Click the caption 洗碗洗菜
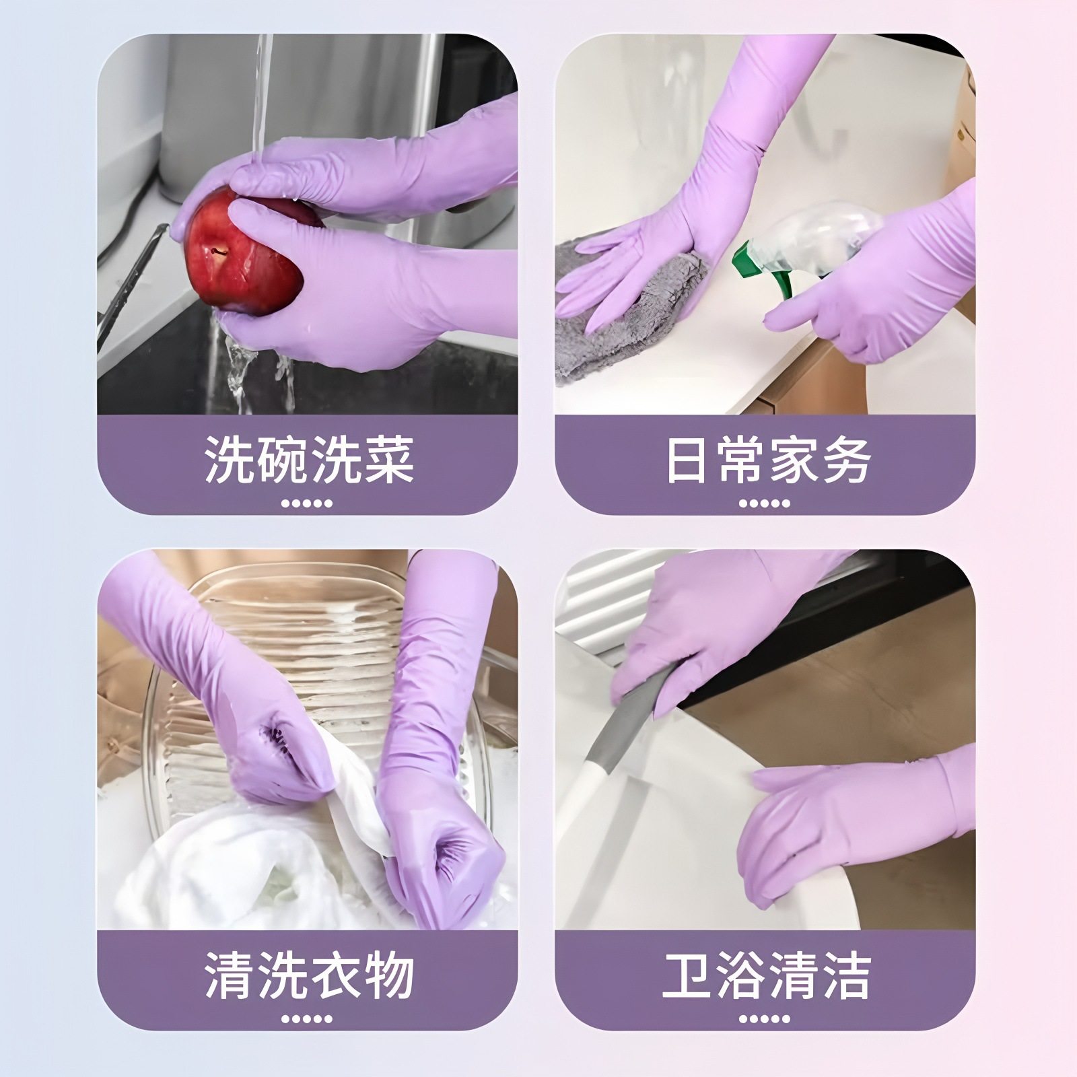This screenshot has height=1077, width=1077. pos(308,460)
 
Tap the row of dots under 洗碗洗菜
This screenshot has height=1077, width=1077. pos(307,503)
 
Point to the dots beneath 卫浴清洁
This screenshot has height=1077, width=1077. pos(764,1018)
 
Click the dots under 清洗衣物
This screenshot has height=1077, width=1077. pos(307,1018)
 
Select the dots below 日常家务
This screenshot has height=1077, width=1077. pos(764,503)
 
